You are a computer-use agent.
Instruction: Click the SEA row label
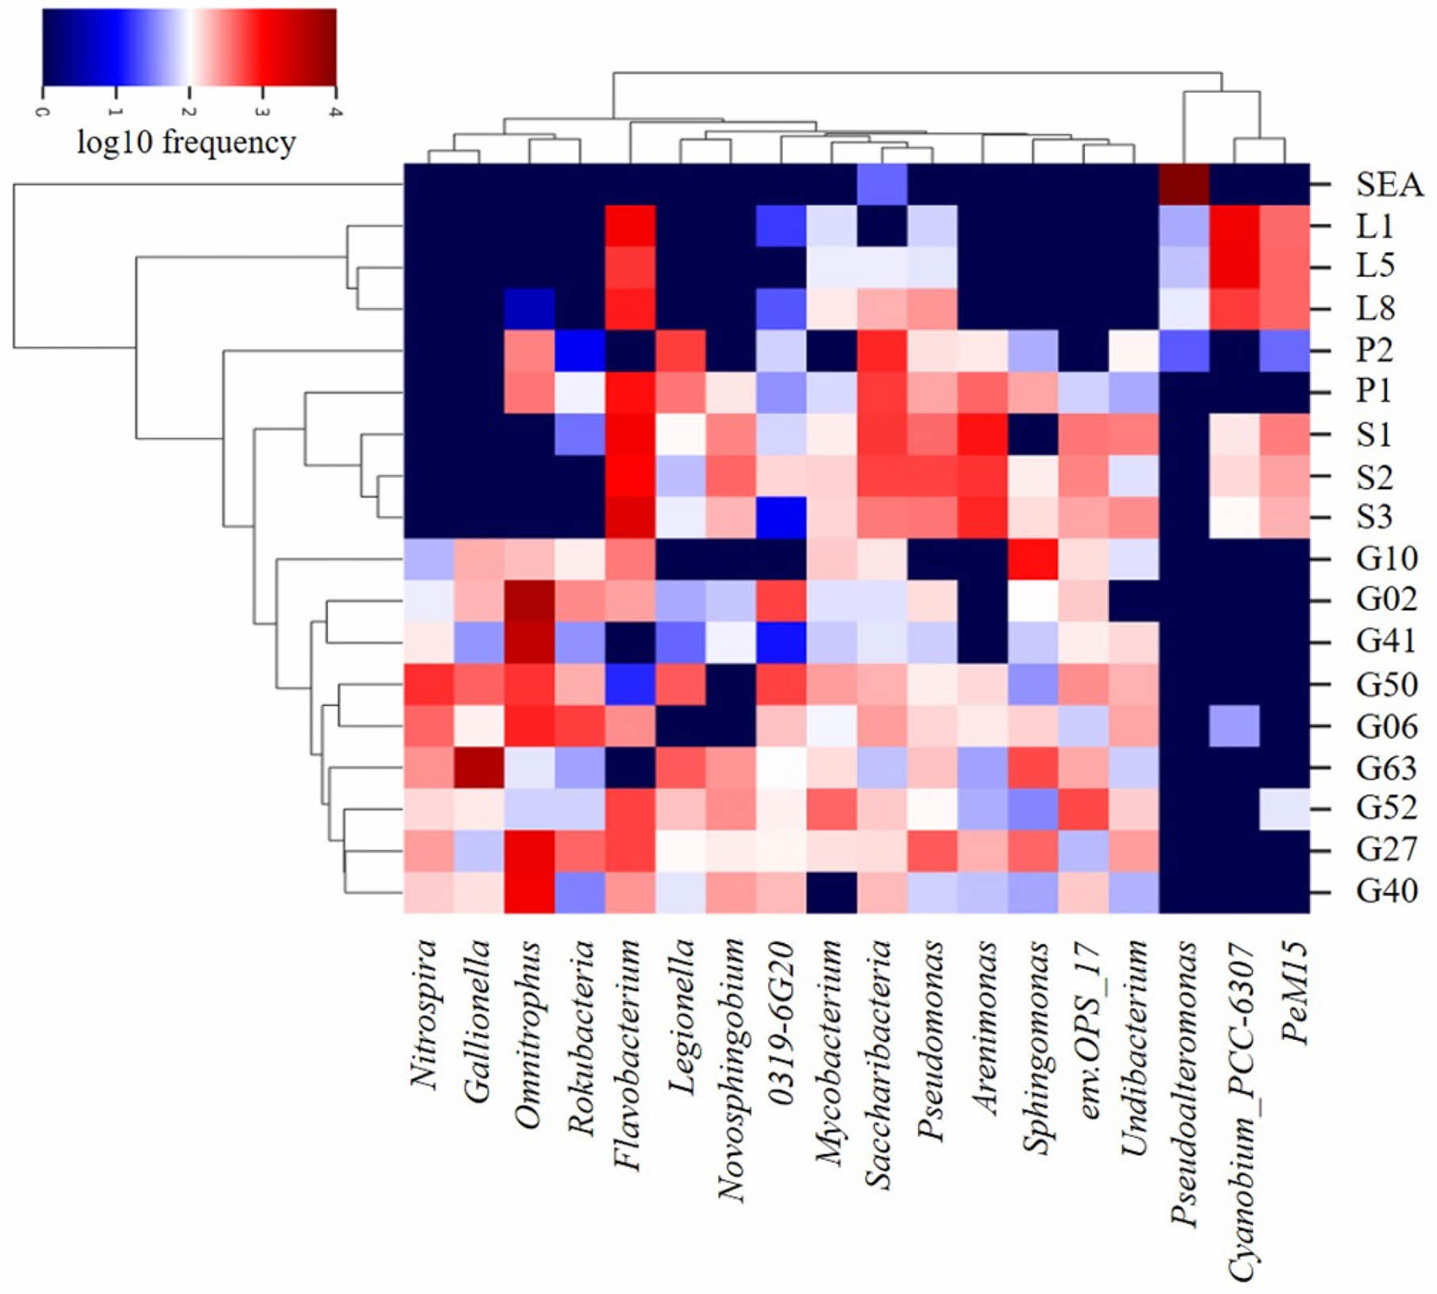click(1389, 184)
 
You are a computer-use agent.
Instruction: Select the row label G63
click(1385, 768)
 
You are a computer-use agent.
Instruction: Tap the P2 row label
click(1374, 349)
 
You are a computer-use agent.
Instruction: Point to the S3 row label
click(1374, 516)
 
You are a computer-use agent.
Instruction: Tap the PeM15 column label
click(1293, 992)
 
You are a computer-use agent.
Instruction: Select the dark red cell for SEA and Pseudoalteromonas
click(1184, 184)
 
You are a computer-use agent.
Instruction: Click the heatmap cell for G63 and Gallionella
click(478, 768)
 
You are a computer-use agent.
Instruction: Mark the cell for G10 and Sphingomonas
click(1032, 558)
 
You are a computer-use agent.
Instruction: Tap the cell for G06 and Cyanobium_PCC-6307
click(1234, 726)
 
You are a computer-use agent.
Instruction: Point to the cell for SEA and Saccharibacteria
click(882, 184)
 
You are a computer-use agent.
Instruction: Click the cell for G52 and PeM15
click(1284, 809)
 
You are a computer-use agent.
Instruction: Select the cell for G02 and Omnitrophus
click(528, 600)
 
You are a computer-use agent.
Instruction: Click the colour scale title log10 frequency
click(186, 143)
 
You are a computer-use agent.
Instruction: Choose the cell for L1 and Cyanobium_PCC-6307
click(1234, 226)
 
